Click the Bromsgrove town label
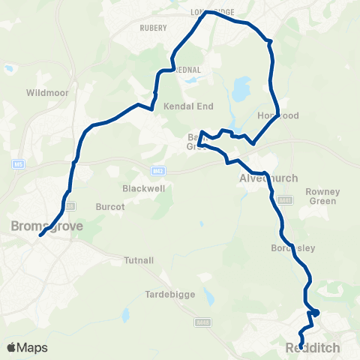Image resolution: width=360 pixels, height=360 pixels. click(x=46, y=225)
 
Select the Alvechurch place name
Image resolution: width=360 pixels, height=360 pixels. click(x=268, y=178)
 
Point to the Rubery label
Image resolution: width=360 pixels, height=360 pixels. click(x=153, y=28)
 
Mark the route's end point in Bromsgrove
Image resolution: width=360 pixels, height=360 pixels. click(x=40, y=235)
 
